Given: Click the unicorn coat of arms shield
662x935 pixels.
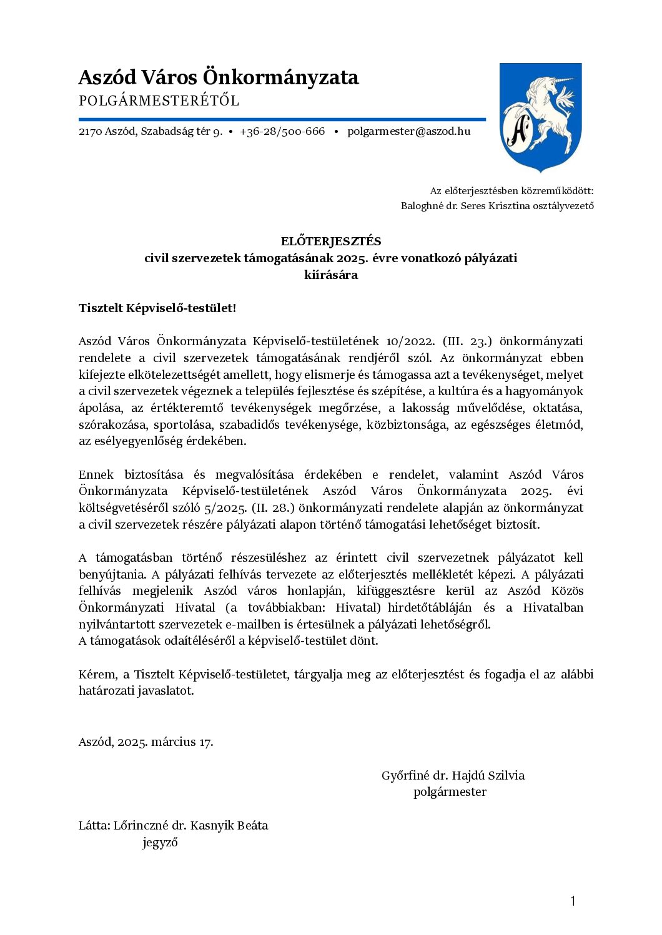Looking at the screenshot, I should click(541, 117).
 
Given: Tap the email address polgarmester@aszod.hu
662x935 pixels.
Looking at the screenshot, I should click(408, 132).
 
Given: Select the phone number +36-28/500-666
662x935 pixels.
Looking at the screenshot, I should click(282, 132).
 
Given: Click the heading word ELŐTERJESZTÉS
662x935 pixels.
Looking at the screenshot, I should click(331, 242).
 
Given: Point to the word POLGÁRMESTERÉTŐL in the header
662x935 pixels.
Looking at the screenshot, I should click(159, 101).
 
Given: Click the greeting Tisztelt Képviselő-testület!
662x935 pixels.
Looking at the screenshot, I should click(157, 308).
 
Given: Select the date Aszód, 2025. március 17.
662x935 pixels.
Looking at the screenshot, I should click(146, 742).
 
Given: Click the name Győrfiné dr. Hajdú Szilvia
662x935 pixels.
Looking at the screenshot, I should click(453, 776).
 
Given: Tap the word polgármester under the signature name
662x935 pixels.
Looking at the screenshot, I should click(450, 792).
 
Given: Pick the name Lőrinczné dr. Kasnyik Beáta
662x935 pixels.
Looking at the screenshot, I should click(190, 826).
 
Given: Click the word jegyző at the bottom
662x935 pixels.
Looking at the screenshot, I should click(160, 843).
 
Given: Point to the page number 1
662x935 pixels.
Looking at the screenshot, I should click(573, 901).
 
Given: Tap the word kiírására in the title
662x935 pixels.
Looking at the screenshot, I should click(331, 275).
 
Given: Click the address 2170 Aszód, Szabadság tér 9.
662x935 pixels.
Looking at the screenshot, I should click(151, 132).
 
